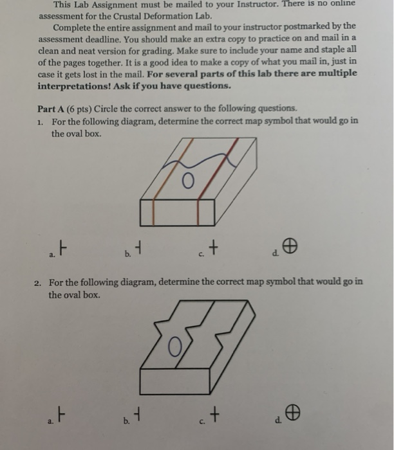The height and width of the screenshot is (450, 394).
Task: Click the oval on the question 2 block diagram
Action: coord(173,350)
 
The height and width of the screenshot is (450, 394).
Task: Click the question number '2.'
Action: coord(39,282)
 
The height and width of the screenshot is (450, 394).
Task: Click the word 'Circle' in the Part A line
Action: coord(107,108)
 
